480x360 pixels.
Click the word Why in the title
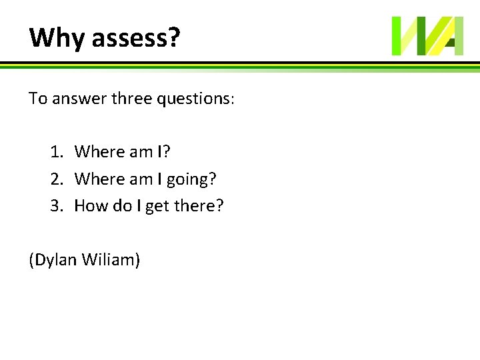57,38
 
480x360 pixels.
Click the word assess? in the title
136,38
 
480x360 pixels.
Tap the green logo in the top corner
427,36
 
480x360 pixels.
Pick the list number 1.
56,152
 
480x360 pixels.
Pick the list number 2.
56,179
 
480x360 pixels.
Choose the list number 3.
56,205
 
